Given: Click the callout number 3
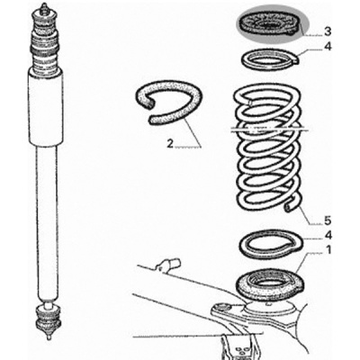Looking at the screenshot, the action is coord(328,31).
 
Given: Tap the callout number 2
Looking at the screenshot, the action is coord(170,144).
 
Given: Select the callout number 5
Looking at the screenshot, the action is coord(328,220).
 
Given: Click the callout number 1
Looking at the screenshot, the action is coord(328,249).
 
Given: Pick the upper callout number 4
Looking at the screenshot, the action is coord(328,47).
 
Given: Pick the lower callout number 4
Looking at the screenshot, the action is coord(328,236).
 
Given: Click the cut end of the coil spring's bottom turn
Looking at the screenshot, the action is coord(289,208).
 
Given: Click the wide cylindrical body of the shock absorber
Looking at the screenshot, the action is coord(46,107).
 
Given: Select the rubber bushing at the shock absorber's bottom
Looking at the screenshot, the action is coord(48,318).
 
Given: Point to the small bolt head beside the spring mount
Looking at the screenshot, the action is coord(222,307).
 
